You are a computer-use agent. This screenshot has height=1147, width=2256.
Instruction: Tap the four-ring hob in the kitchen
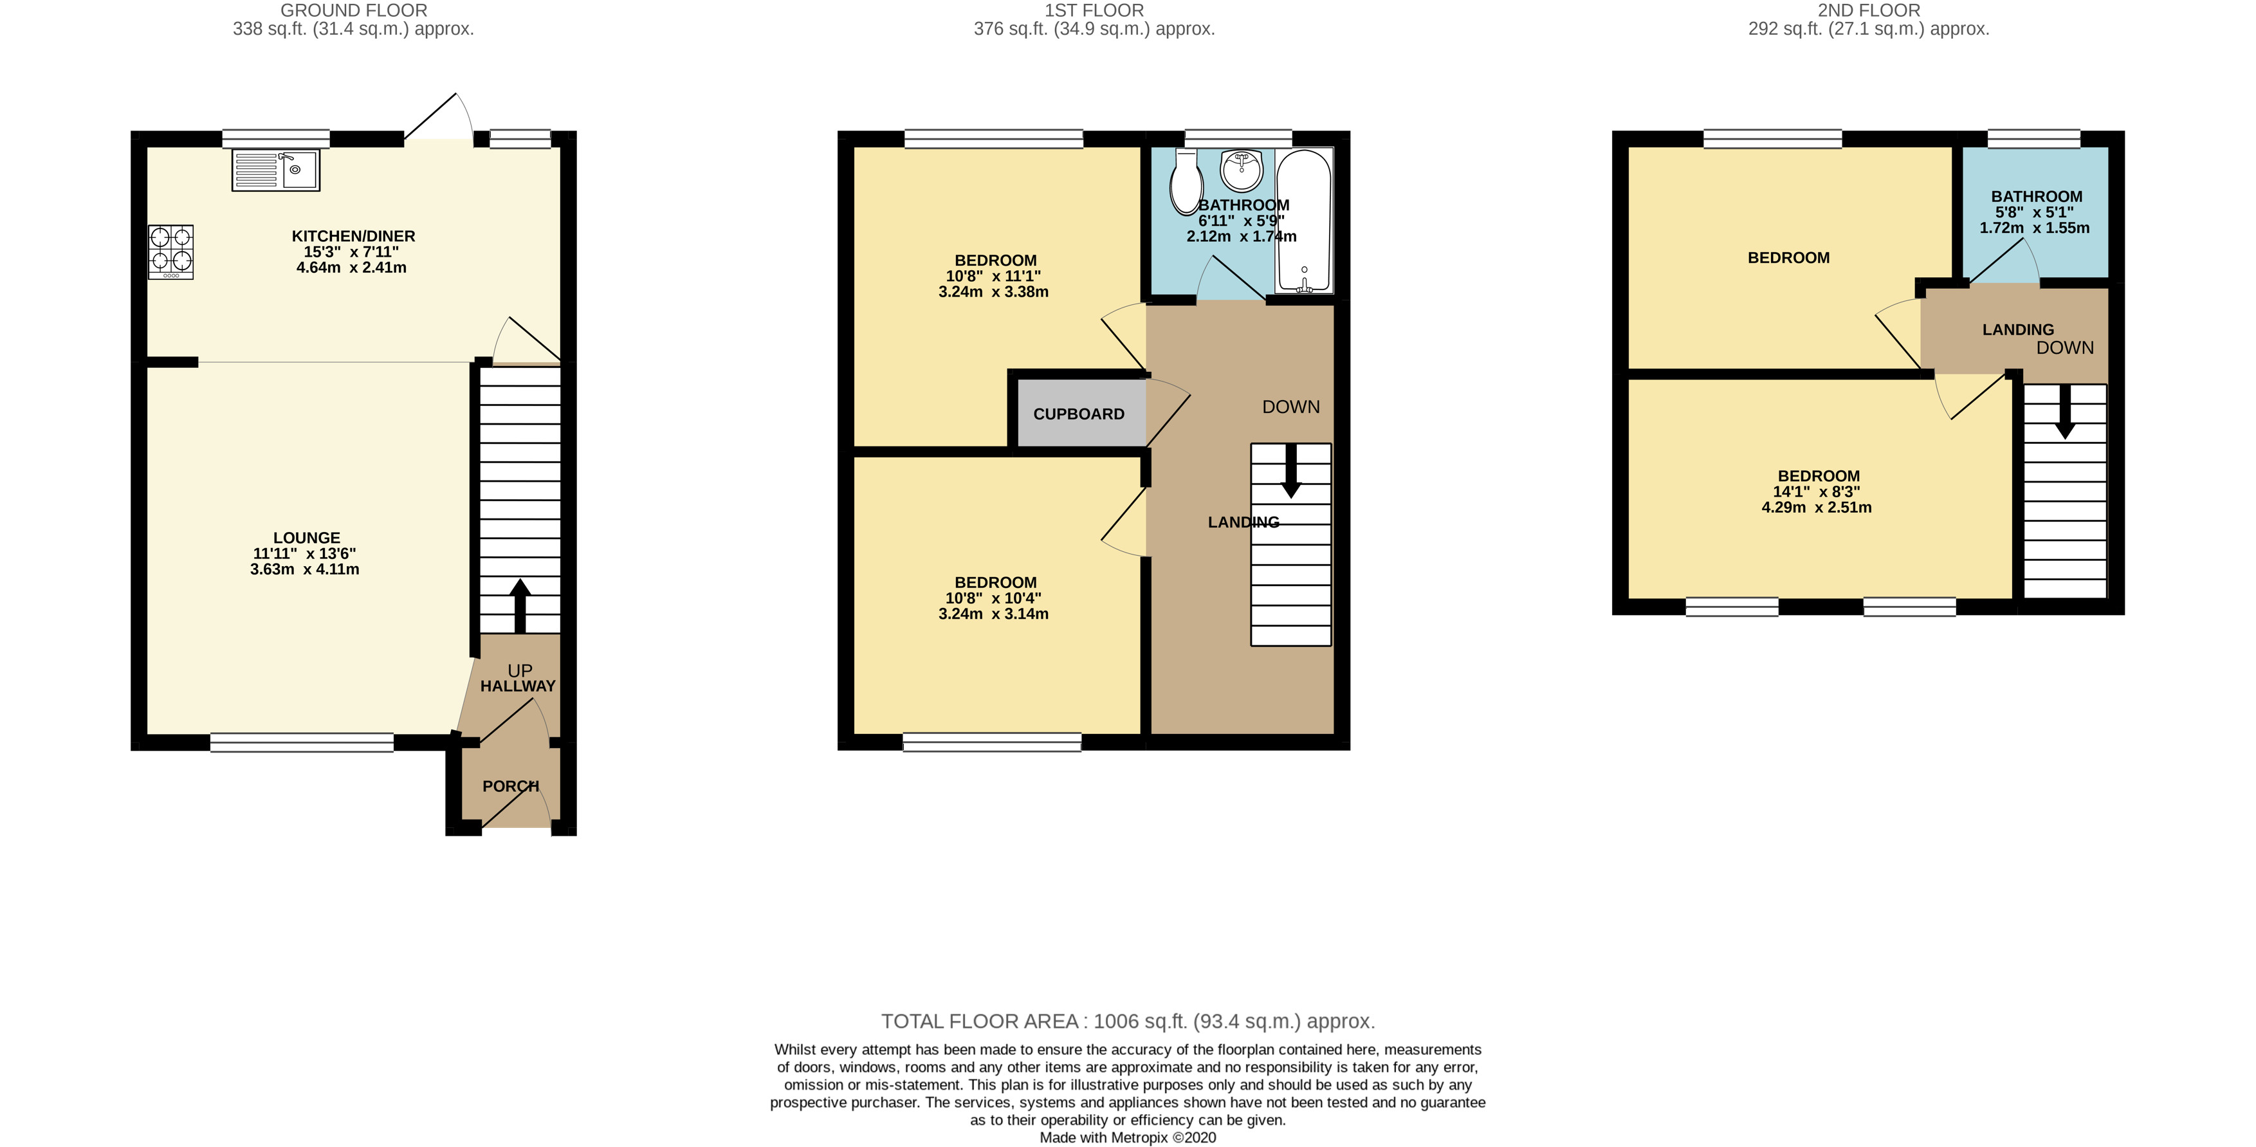pos(170,252)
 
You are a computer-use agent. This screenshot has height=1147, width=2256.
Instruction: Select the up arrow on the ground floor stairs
pos(520,603)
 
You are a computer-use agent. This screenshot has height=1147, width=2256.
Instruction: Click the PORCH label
pos(511,786)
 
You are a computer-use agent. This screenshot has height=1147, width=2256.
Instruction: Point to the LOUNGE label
pos(306,538)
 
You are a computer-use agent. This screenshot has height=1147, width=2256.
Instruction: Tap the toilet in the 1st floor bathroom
pos(1187,182)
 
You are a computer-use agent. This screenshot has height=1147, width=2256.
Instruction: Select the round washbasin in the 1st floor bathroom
pos(1241,170)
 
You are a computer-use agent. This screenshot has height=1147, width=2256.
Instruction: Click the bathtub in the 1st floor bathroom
pos(1304,221)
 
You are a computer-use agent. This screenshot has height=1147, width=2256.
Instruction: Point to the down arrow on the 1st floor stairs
pos(1291,471)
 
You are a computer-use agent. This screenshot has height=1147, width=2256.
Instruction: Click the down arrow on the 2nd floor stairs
pos(2065,412)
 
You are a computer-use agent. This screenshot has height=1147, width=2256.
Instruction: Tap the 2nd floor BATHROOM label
pos(2036,197)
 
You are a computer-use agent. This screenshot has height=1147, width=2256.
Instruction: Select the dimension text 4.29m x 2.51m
pos(1817,507)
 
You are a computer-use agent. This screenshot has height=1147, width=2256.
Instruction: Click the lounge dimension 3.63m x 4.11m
pos(304,569)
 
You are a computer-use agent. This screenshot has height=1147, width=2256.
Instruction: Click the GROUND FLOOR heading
pos(354,10)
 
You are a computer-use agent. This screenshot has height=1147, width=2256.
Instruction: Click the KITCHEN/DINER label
pos(353,236)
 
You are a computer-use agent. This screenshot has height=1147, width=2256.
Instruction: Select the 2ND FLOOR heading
pos(1868,10)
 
